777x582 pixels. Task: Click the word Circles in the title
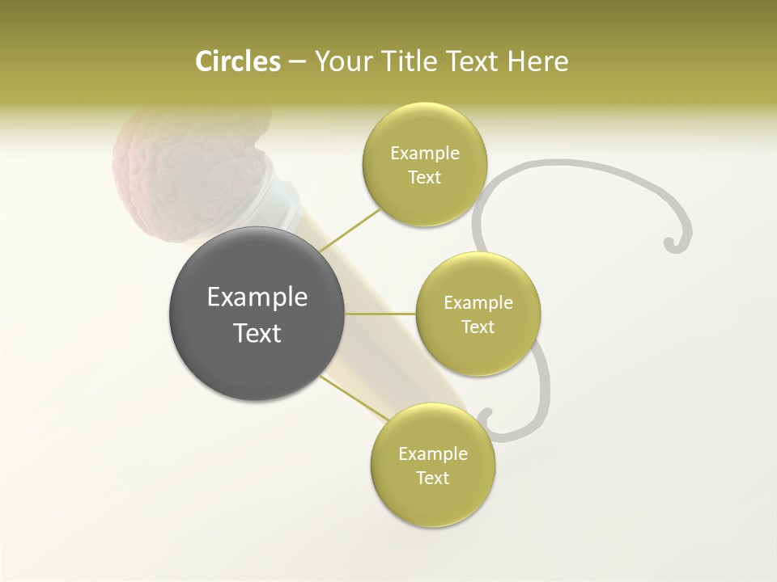238,61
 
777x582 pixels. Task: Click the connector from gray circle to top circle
350,230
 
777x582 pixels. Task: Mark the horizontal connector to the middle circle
380,314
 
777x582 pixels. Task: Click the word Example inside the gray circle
257,297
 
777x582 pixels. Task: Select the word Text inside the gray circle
257,333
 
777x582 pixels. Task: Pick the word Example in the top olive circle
425,154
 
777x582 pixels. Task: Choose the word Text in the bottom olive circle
432,478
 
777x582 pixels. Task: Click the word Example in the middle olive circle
478,303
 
